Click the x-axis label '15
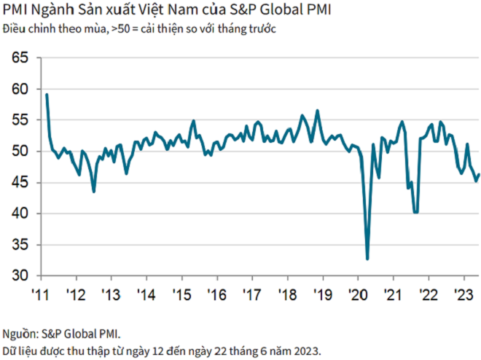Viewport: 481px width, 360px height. point(181,295)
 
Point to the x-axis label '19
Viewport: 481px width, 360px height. point(323,295)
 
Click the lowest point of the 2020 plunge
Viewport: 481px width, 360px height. point(367,259)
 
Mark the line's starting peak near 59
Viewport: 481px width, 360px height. point(47,94)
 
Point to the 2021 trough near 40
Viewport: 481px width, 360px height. point(415,213)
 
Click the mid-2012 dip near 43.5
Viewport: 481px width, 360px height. point(93,192)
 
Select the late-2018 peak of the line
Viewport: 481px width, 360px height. point(317,111)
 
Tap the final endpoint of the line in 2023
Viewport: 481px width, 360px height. point(479,174)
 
